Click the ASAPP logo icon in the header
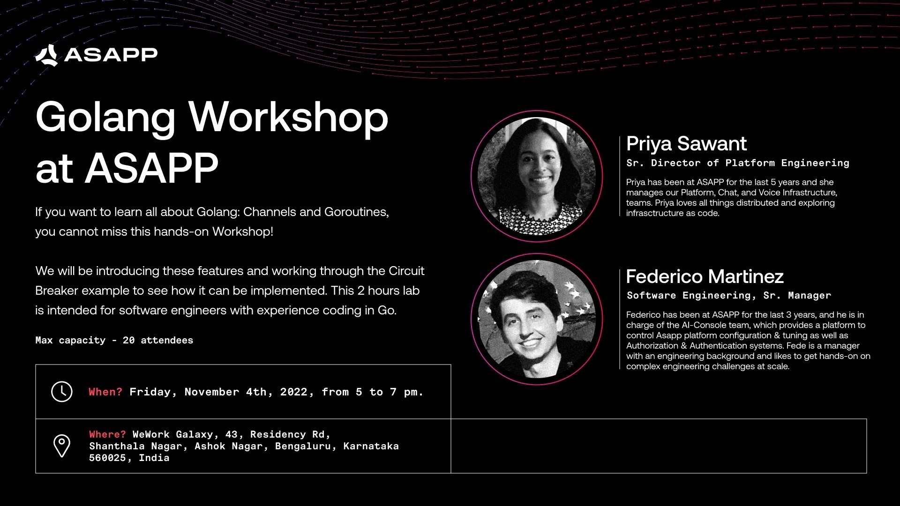coord(46,55)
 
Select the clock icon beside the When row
coord(62,392)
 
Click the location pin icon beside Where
coord(62,446)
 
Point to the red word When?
coord(105,392)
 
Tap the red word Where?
coord(107,434)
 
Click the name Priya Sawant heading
coord(686,144)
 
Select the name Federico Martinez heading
coord(705,276)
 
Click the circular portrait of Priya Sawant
coord(537,176)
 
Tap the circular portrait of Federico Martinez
coord(537,319)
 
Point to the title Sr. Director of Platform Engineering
coord(738,163)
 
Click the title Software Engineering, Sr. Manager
coord(729,296)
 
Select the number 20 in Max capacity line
coord(128,340)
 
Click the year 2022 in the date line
coord(294,392)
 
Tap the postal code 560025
coord(107,458)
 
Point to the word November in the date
coord(211,392)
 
